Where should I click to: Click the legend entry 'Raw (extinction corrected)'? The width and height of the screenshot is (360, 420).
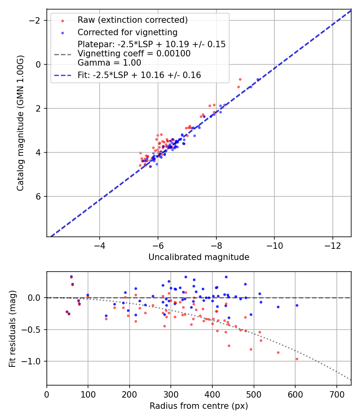pos(132,20)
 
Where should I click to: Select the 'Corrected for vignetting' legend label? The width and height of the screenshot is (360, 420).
pos(127,32)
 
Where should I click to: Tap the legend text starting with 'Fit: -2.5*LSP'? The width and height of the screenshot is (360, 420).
pos(139,75)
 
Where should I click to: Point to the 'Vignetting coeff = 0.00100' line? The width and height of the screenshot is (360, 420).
pos(134,54)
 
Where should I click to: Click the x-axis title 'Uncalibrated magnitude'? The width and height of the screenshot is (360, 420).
pos(199,257)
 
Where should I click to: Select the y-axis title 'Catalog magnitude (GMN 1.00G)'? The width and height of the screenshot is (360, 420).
pos(20,123)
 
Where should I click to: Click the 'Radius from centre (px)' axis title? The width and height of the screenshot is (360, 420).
pos(199,406)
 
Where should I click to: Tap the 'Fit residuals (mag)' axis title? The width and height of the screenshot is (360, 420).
pos(12,328)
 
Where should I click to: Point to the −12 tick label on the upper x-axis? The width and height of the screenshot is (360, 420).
pos(333,246)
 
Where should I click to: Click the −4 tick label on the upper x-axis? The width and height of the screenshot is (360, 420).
pos(100,246)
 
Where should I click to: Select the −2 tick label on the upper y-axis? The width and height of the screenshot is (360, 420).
pos(37,20)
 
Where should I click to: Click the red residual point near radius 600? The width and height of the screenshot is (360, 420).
pos(297,359)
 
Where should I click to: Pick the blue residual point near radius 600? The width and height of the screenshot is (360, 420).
pos(297,305)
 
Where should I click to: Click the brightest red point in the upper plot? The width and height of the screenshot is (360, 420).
pos(240,79)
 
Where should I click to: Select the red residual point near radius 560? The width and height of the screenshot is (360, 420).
pos(278,352)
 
